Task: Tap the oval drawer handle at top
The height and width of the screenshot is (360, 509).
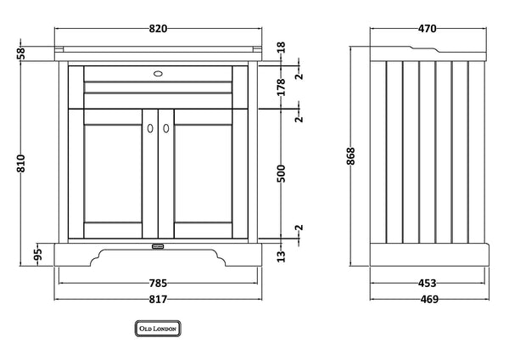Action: [159, 73]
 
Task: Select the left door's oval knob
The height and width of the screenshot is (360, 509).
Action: [150, 129]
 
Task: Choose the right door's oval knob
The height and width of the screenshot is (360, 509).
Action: [166, 129]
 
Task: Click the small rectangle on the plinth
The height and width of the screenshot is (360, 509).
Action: [159, 246]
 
